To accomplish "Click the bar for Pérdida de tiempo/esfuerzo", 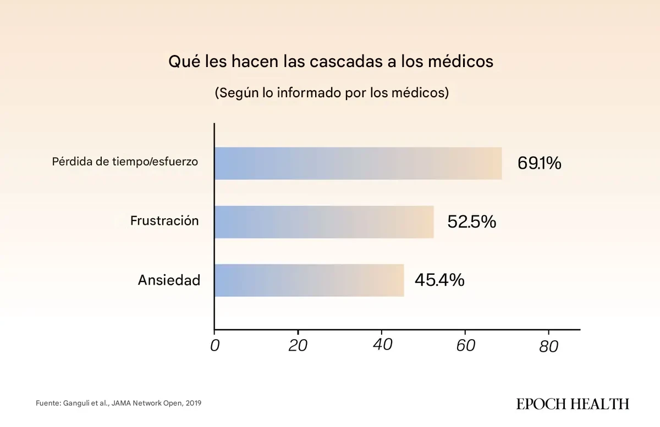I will point(358,163).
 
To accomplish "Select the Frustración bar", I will point(324,222).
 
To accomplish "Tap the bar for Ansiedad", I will point(309,280).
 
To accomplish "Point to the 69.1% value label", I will point(539,163).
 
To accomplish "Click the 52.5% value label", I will point(471,222).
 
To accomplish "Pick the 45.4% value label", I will point(439,280).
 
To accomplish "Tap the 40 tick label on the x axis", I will point(382,346).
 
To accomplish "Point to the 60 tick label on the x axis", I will point(465,346).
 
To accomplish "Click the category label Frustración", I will point(164,221).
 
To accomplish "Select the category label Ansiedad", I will point(168,280).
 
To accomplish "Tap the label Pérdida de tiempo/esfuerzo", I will point(125,162).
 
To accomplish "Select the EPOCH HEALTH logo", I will point(573,404).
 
